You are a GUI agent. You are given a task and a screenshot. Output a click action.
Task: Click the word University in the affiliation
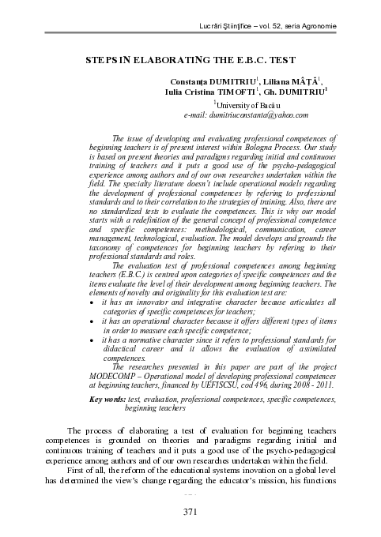(237, 104)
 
